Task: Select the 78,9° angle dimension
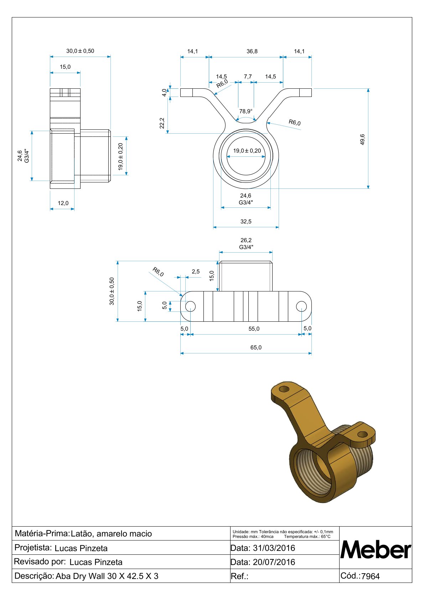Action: (246, 111)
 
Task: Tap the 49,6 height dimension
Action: (362, 139)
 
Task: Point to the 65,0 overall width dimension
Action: (256, 347)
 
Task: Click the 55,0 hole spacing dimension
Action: (254, 329)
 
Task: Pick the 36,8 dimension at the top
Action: (252, 51)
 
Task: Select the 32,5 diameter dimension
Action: (246, 222)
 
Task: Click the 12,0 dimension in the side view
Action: (63, 203)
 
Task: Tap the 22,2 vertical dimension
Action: (162, 123)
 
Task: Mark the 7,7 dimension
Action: (248, 77)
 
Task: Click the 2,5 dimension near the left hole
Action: (196, 271)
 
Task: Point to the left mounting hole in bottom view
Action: (190, 306)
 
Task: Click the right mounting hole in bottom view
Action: (301, 306)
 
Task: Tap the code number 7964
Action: (371, 576)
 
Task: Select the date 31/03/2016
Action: (274, 548)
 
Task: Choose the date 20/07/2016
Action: (274, 562)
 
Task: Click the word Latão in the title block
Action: (82, 534)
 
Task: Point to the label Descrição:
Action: (34, 576)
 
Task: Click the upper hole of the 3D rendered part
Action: (284, 389)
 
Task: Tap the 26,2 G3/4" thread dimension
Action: (246, 244)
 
